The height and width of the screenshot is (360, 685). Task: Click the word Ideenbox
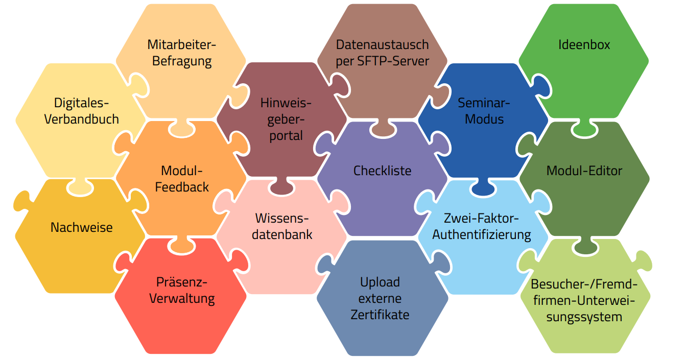pyautogui.click(x=584, y=44)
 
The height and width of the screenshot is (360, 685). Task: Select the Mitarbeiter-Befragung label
pyautogui.click(x=182, y=53)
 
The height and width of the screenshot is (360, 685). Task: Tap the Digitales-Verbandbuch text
pyautogui.click(x=82, y=111)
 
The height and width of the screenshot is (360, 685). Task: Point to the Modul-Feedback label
pyautogui.click(x=182, y=179)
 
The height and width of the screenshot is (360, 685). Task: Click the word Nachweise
pyautogui.click(x=82, y=227)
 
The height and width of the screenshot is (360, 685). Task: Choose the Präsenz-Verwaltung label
pyautogui.click(x=182, y=290)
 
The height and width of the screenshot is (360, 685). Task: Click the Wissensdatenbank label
pyautogui.click(x=282, y=227)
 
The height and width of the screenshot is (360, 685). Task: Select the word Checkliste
pyautogui.click(x=383, y=170)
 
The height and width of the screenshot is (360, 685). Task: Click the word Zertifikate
pyautogui.click(x=380, y=315)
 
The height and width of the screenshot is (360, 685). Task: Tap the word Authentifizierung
pyautogui.click(x=482, y=235)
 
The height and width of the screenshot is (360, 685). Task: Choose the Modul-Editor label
pyautogui.click(x=584, y=170)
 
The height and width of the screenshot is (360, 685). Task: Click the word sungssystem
pyautogui.click(x=584, y=317)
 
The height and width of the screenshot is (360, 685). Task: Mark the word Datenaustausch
pyautogui.click(x=383, y=44)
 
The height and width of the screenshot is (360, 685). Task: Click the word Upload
pyautogui.click(x=380, y=282)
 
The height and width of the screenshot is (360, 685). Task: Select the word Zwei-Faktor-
pyautogui.click(x=482, y=219)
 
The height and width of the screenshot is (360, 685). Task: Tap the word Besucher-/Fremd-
pyautogui.click(x=584, y=284)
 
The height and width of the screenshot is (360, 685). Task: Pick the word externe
pyautogui.click(x=380, y=298)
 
